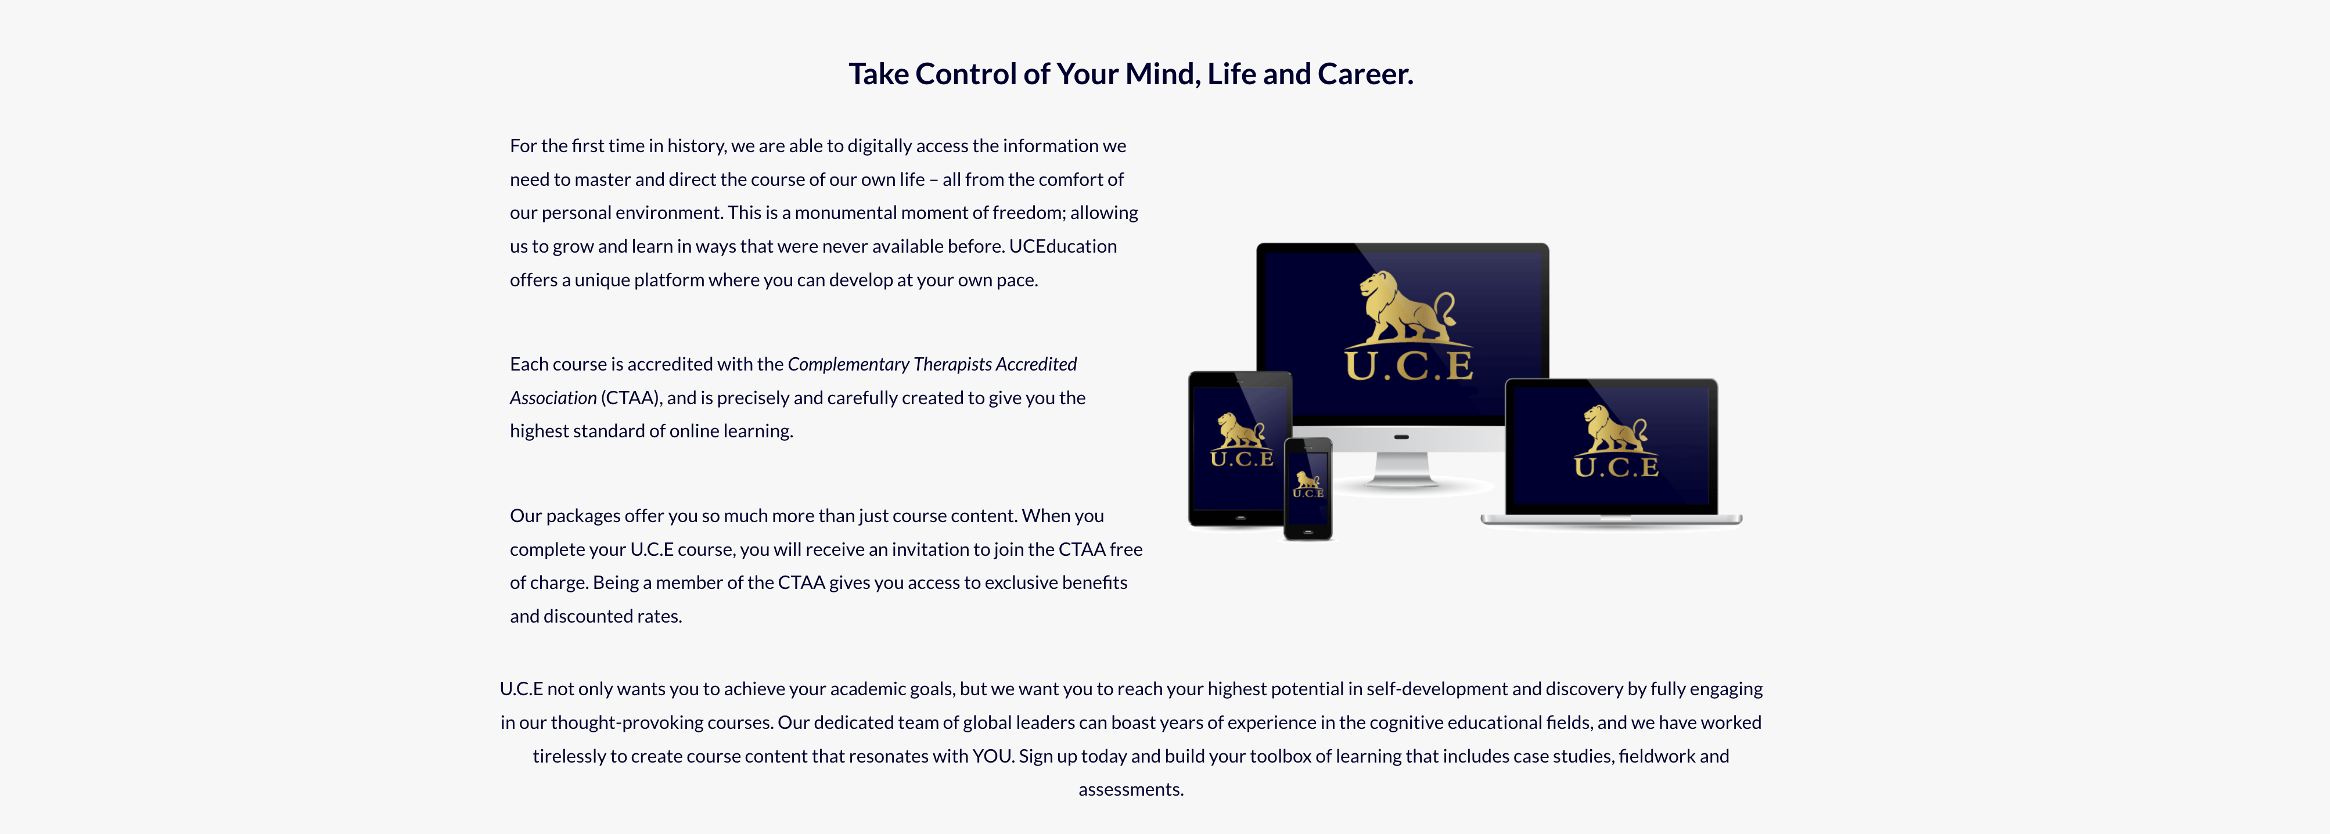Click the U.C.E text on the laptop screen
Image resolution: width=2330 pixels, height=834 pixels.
(x=1616, y=467)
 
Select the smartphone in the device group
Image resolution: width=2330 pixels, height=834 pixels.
(x=1308, y=488)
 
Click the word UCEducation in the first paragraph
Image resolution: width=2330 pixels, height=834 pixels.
(x=1063, y=246)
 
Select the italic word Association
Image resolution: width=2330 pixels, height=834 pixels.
(x=553, y=398)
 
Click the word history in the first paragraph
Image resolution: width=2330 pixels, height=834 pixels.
(x=696, y=146)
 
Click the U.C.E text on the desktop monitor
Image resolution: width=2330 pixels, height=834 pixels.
(x=1408, y=365)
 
